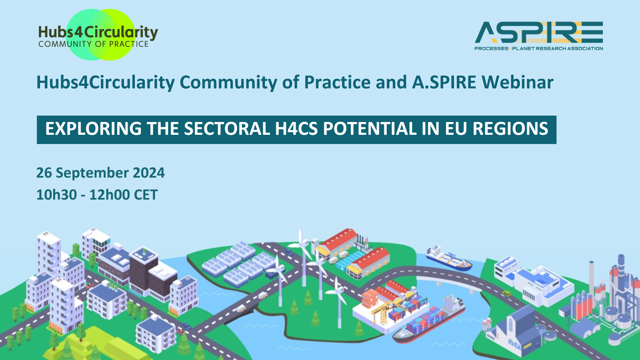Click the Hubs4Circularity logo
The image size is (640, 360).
point(98,35)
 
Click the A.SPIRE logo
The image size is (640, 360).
point(539,36)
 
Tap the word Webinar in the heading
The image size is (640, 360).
point(518,82)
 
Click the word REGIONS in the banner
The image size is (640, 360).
point(510,129)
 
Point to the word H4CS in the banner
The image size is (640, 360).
point(296,129)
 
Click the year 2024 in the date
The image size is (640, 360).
point(149,173)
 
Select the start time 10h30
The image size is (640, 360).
point(56,195)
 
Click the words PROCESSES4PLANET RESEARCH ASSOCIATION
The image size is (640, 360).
point(539,48)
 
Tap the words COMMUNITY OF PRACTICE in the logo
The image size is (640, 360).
point(94,44)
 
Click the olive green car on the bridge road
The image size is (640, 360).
point(506,294)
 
